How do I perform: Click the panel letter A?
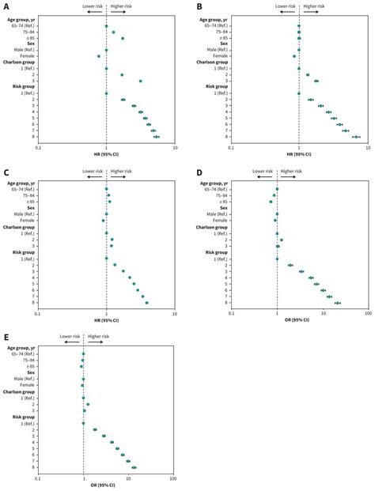point(6,7)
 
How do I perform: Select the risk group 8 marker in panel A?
point(157,137)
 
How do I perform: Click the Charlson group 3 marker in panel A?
point(141,81)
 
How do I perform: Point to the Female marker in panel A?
point(99,56)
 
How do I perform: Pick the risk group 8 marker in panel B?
point(357,137)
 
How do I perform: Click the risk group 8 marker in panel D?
point(337,303)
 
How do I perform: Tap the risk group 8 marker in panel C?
point(146,303)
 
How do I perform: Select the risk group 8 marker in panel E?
point(134,467)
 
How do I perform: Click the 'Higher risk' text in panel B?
point(315,6)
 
